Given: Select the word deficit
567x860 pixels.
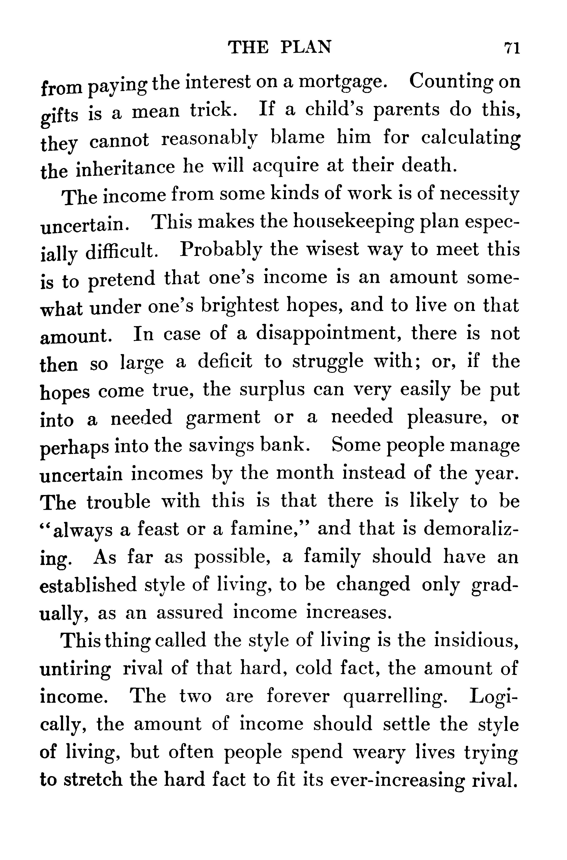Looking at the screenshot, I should [x=225, y=362].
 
